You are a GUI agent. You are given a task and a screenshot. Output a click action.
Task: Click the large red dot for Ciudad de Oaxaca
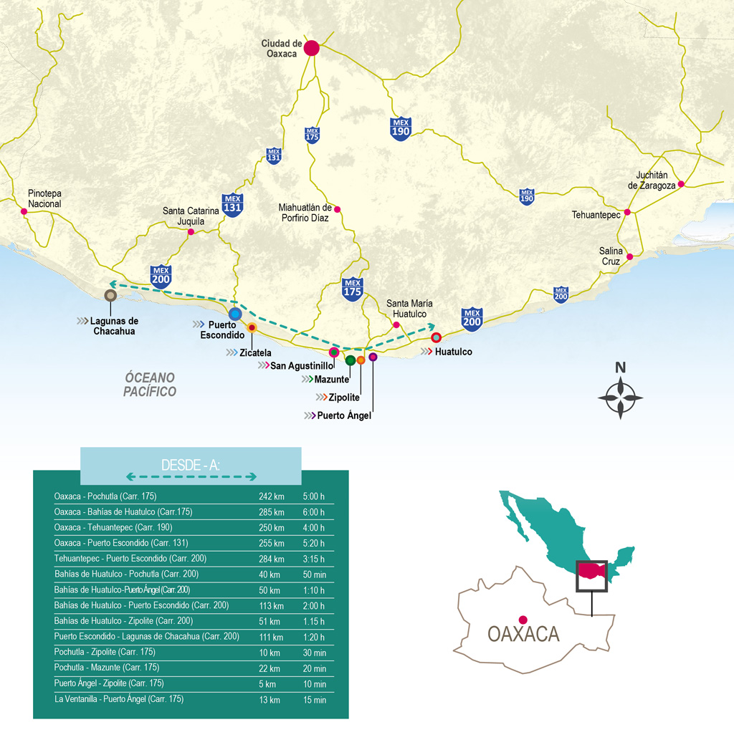pyautogui.click(x=311, y=48)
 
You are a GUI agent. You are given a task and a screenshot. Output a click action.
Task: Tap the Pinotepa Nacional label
pyautogui.click(x=44, y=198)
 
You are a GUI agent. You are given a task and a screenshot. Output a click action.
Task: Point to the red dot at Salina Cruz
pyautogui.click(x=629, y=256)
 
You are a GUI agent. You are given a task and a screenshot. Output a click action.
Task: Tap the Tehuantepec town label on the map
pyautogui.click(x=596, y=215)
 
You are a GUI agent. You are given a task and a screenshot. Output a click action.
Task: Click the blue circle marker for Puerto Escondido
pyautogui.click(x=235, y=314)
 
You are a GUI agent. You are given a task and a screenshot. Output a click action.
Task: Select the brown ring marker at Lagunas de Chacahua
pyautogui.click(x=110, y=294)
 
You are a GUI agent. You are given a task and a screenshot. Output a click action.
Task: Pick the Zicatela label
pyautogui.click(x=256, y=352)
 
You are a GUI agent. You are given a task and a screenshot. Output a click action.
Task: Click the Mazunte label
pyautogui.click(x=331, y=379)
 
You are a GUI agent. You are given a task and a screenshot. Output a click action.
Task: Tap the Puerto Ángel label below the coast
pyautogui.click(x=344, y=415)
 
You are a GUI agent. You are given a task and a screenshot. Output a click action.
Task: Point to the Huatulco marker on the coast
pyautogui.click(x=436, y=337)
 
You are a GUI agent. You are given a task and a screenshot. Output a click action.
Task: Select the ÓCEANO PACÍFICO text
pyautogui.click(x=149, y=385)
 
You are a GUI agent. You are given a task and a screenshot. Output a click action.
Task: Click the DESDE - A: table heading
pyautogui.click(x=191, y=466)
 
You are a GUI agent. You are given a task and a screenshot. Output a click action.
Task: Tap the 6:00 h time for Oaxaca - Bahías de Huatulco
pyautogui.click(x=313, y=512)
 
